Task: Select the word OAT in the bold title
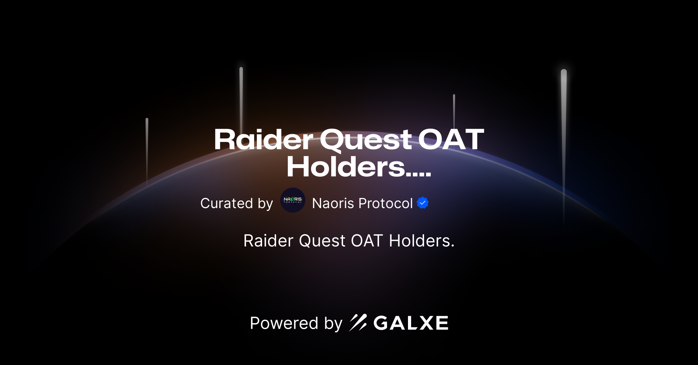[x=451, y=139]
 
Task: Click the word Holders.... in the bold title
[x=359, y=167]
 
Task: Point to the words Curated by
[x=237, y=203]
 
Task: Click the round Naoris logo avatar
[x=293, y=200]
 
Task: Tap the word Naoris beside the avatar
[x=333, y=203]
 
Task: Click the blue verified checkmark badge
[x=423, y=203]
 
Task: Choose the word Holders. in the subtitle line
[x=422, y=241]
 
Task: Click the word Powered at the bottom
[x=284, y=323]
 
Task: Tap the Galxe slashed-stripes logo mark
[x=358, y=322]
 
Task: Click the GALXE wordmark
[x=411, y=323]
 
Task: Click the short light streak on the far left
[x=147, y=146]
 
